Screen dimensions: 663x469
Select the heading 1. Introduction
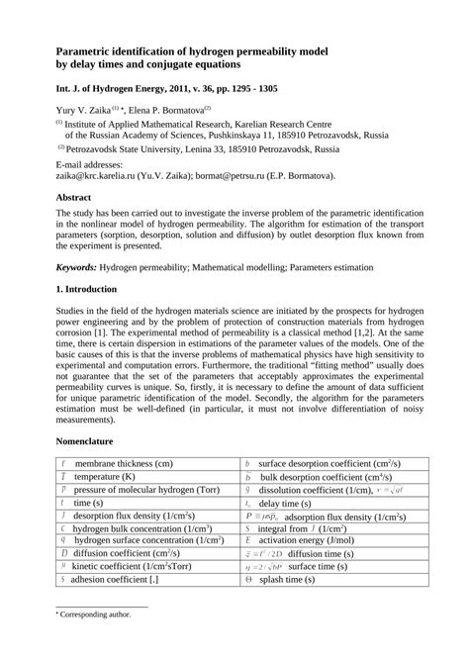tap(93, 290)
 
